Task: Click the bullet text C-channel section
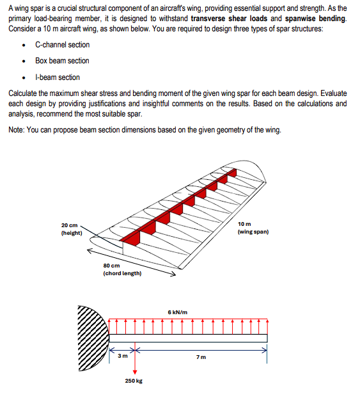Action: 62,45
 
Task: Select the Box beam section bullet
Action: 62,61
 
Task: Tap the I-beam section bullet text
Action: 58,77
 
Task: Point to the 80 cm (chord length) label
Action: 122,269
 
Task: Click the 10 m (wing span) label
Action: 253,228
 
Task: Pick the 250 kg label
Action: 134,381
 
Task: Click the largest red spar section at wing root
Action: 132,237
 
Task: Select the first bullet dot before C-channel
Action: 24,45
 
